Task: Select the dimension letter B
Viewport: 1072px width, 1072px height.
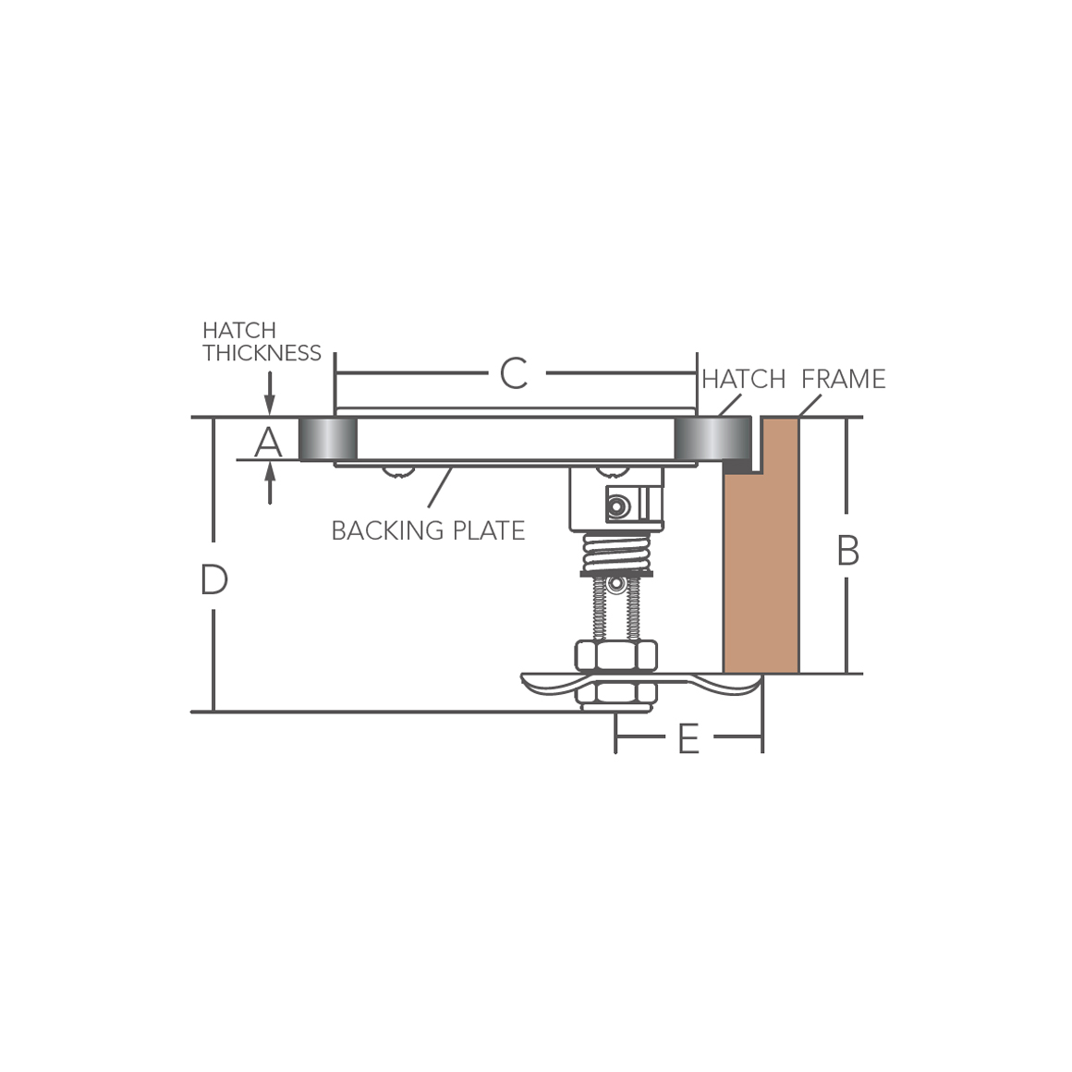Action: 847,551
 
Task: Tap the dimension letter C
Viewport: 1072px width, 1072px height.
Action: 514,373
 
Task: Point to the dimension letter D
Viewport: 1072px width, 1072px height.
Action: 214,580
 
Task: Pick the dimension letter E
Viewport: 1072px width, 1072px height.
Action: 688,738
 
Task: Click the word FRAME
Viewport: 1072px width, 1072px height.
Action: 844,379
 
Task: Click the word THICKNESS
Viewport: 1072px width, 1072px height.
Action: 262,353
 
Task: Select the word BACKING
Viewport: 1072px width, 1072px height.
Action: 387,530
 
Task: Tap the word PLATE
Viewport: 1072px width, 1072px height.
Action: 490,530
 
